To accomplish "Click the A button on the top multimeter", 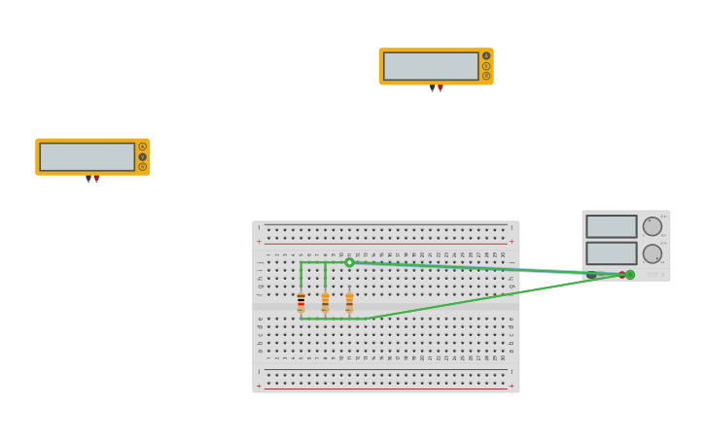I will tap(486, 55).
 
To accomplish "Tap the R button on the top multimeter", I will tap(486, 76).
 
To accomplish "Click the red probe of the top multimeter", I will tap(441, 88).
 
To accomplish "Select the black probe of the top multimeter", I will tap(433, 88).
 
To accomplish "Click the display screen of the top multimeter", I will tap(431, 66).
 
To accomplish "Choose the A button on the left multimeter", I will tap(142, 147).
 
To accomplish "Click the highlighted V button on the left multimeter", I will tap(142, 156).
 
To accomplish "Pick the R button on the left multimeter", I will tap(142, 167).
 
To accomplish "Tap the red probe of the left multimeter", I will tap(96, 179).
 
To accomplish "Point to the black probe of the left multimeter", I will tap(88, 179).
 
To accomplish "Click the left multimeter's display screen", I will tap(87, 156).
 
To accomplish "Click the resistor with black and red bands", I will tap(300, 301).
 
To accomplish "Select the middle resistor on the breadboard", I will tap(325, 301).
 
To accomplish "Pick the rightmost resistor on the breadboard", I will tap(349, 301).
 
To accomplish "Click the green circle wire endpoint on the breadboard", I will tap(349, 262).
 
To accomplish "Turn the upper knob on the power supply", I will tap(652, 226).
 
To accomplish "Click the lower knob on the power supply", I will tap(652, 254).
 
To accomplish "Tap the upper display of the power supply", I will tap(611, 226).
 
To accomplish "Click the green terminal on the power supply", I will tap(630, 275).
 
